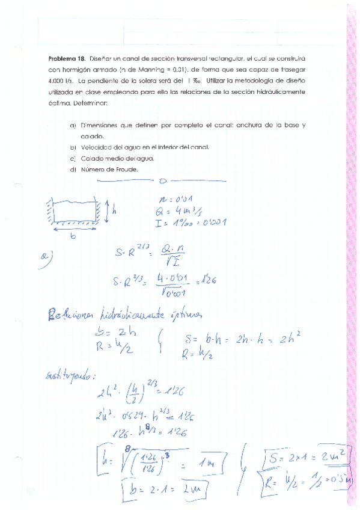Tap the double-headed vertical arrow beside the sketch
click(107, 210)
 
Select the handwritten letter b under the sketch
click(73, 236)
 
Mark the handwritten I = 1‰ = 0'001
click(191, 223)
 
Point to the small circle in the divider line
click(162, 180)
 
